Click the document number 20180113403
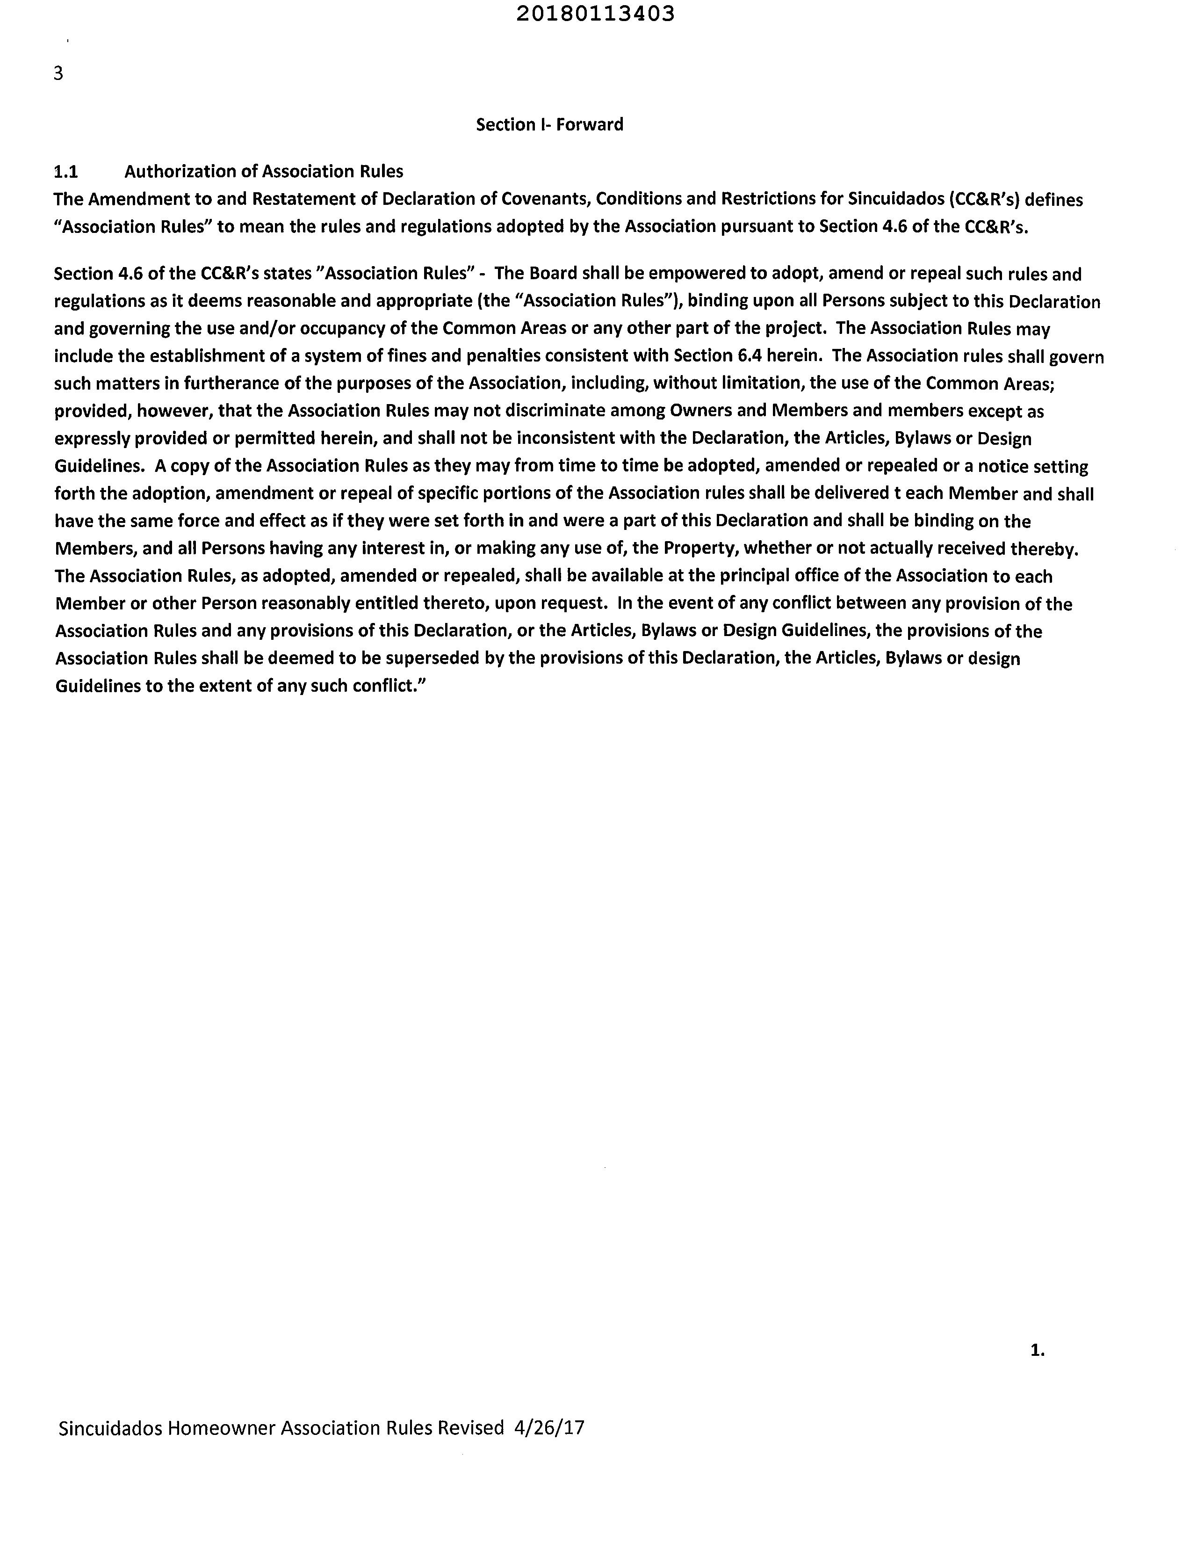point(595,14)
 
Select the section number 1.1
point(66,172)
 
